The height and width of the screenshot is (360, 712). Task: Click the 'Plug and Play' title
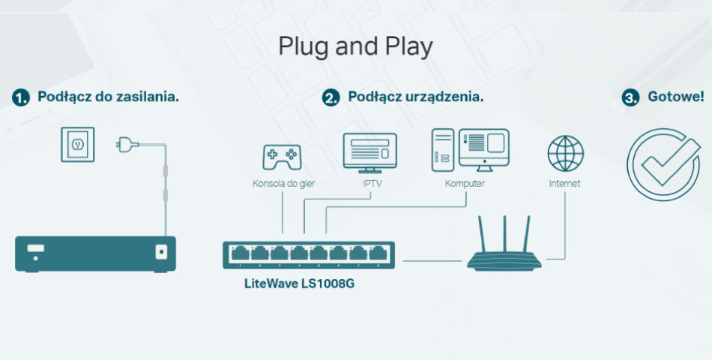355,46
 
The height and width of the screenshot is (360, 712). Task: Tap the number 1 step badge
21,97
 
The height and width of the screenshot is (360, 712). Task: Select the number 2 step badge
331,97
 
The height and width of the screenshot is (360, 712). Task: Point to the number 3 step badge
632,97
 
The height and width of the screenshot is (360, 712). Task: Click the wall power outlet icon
78,144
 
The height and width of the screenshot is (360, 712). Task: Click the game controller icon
282,157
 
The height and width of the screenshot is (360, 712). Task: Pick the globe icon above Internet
565,153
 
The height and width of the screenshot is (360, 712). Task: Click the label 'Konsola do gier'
283,184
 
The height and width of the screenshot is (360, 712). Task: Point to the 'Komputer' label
465,184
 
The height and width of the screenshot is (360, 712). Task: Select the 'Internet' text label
564,184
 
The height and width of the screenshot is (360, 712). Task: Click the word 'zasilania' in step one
148,97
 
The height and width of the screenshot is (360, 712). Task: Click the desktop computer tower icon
443,150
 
